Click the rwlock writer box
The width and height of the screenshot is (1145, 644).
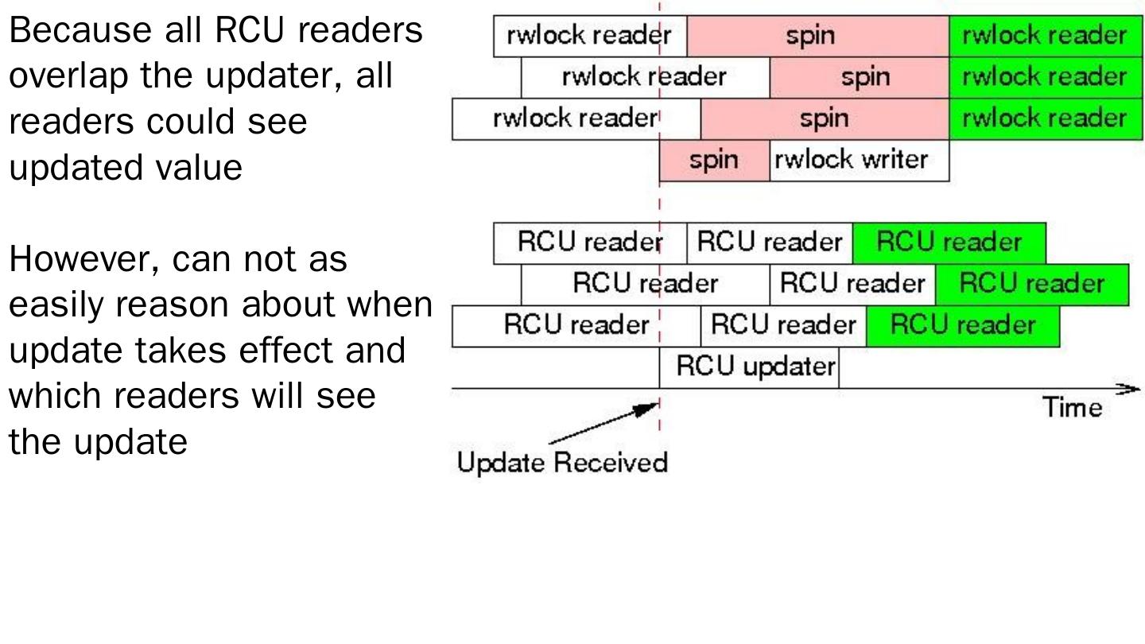click(x=859, y=161)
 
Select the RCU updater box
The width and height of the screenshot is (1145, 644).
click(x=749, y=367)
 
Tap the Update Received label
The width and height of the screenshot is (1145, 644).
click(x=562, y=462)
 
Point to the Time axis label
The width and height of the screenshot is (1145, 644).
click(x=1073, y=408)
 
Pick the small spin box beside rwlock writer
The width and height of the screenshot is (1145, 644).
click(x=714, y=161)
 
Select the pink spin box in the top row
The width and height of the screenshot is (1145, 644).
click(x=817, y=36)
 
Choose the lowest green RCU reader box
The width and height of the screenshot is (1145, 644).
click(x=962, y=325)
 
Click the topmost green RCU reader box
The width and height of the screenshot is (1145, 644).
click(x=949, y=242)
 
